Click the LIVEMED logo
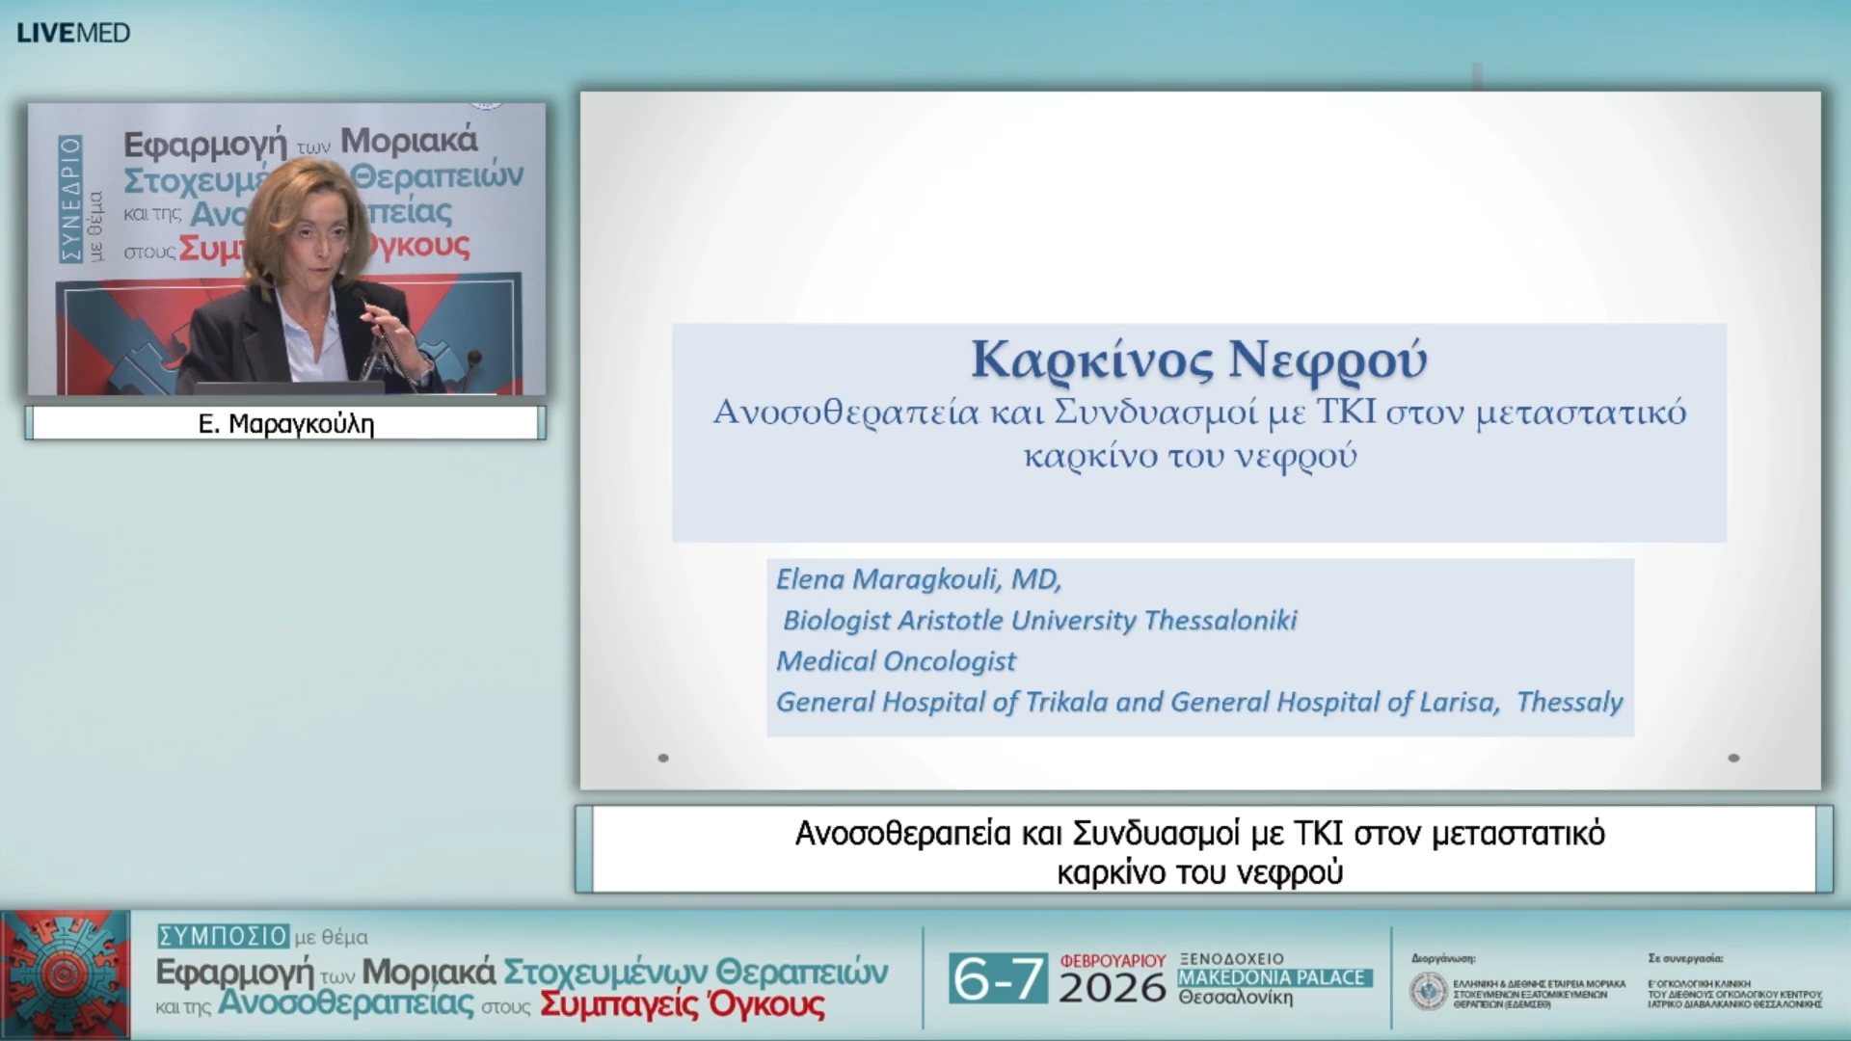tap(73, 33)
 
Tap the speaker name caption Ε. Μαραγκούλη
tap(285, 424)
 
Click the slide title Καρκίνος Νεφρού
tap(1198, 360)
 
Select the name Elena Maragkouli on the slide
tap(887, 579)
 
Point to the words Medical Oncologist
tap(896, 661)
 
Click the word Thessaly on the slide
tap(1569, 702)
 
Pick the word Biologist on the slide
tap(836, 620)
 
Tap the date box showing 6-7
tap(998, 979)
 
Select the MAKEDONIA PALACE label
tap(1273, 977)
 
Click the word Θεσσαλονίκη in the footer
tap(1235, 998)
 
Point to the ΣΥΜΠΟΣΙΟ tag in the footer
tap(223, 936)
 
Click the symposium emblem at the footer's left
tap(66, 974)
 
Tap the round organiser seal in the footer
tap(1428, 991)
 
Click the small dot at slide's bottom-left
tap(663, 758)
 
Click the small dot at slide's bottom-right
tap(1733, 758)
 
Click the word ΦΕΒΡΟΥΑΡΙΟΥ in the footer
tap(1113, 961)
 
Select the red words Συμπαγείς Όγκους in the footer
tap(682, 1005)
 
